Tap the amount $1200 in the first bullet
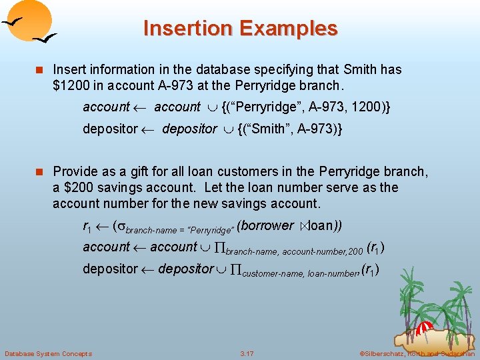point(71,85)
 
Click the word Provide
point(75,172)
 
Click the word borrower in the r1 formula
point(265,226)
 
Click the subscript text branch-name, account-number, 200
point(295,252)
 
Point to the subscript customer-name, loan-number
point(299,273)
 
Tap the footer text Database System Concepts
point(48,353)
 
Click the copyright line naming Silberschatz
point(417,353)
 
